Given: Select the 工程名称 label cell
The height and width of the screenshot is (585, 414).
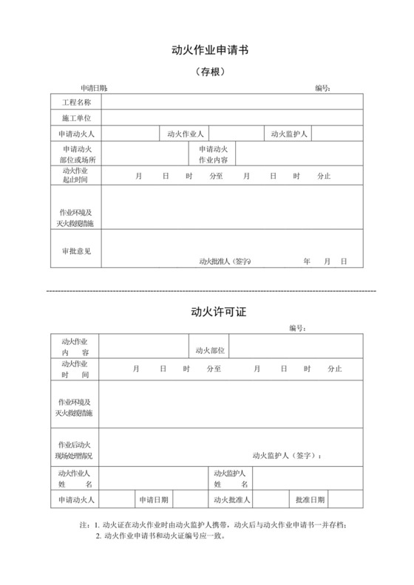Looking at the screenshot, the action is pos(76,101).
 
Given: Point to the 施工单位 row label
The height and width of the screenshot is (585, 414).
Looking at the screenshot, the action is pos(76,117).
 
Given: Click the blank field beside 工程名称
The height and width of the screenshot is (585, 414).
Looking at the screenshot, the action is pos(231,101).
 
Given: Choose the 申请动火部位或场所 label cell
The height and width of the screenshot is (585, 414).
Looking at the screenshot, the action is pos(76,154).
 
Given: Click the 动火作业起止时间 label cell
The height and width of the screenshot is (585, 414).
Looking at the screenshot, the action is pos(76,175).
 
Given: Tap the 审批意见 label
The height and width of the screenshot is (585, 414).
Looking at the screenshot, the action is pos(76,251).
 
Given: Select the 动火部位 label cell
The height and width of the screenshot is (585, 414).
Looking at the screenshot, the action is pos(210,350).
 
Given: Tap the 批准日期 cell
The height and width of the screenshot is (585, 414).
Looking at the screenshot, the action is pos(310,500).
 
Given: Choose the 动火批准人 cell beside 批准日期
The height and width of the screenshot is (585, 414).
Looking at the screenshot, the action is pos(231,500).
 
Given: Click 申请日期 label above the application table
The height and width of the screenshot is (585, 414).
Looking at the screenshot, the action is pos(94,88).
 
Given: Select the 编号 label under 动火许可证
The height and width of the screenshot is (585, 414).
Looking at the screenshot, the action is pos(297,328).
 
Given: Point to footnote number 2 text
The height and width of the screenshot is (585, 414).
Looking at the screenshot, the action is pos(160,536).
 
